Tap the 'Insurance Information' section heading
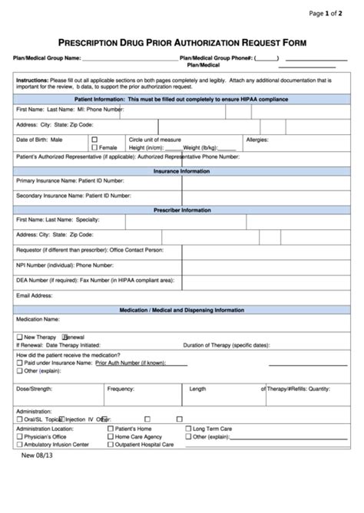(x=182, y=171)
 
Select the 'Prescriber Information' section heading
(x=182, y=209)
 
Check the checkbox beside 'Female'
(x=94, y=147)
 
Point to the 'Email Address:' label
(x=35, y=295)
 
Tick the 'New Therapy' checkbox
(x=19, y=337)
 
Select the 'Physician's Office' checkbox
(x=19, y=436)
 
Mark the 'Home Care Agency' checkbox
(x=111, y=436)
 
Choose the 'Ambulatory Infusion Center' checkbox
(x=19, y=444)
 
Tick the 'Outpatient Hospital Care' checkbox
(x=111, y=444)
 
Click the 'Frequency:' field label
(x=121, y=389)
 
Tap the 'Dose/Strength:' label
(x=35, y=389)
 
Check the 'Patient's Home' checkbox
(x=111, y=429)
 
